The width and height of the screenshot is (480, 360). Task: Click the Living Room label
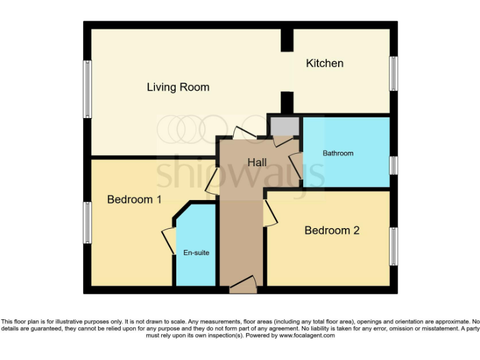point(177,87)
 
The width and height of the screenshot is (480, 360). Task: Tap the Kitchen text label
point(324,63)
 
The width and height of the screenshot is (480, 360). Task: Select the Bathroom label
point(337,153)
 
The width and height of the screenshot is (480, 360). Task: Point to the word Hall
point(257,162)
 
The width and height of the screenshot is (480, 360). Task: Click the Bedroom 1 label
point(134,199)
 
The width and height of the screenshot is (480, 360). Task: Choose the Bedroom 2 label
point(332,231)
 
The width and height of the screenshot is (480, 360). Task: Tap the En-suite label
point(196,253)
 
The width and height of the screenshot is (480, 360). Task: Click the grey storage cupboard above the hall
point(284,127)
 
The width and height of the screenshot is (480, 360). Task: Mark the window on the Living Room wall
point(88,89)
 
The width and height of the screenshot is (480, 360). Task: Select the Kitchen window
point(394,73)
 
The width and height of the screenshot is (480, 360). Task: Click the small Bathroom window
point(394,165)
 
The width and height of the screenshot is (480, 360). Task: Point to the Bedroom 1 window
point(88,222)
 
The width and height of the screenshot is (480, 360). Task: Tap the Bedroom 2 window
point(394,246)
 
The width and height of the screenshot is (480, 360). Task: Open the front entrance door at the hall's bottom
point(242,285)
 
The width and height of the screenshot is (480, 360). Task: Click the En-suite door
point(169,241)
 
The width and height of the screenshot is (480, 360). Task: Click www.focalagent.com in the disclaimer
point(306,336)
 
